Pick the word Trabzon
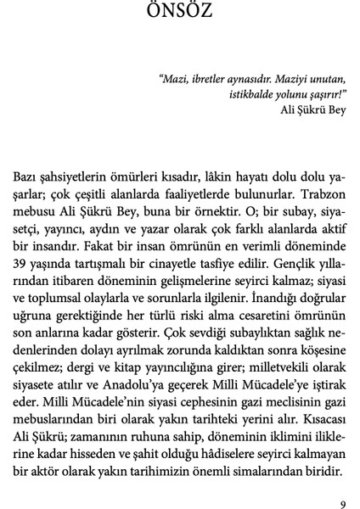tap(320, 193)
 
